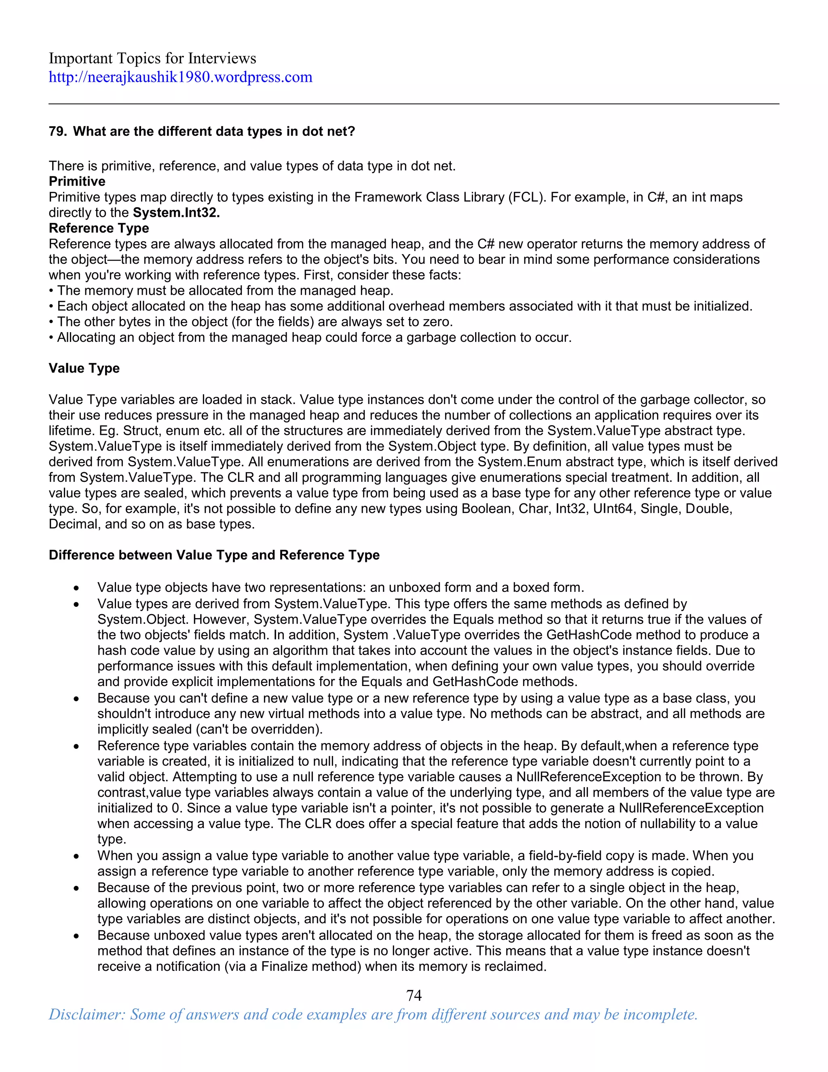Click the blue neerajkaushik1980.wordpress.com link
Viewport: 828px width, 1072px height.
tap(180, 77)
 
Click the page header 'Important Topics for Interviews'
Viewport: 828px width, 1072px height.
tap(152, 58)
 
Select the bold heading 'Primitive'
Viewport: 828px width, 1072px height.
tap(77, 181)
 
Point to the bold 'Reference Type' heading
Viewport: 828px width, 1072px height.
tap(99, 228)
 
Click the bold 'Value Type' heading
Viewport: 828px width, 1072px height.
tap(84, 368)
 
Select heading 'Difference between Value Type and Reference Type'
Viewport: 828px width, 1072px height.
tap(214, 555)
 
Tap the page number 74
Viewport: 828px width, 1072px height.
tap(414, 995)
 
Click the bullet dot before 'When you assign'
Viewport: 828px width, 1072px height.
tap(76, 856)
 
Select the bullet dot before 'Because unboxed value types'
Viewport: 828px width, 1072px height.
tap(76, 936)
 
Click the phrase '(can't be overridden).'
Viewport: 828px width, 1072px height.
tap(259, 729)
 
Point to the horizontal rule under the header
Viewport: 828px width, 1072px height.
tap(414, 104)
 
